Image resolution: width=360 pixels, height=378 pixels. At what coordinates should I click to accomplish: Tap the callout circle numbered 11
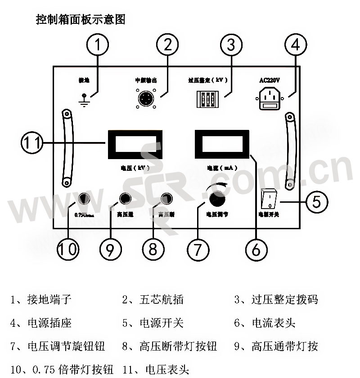tap(32, 144)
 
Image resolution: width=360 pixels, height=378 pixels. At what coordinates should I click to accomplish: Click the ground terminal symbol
tap(83, 100)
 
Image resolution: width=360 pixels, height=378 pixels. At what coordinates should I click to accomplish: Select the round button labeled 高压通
tap(125, 198)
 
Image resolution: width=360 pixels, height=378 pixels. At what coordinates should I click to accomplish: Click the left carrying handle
tap(67, 148)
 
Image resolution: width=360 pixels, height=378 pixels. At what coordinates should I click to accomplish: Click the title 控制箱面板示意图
tap(81, 20)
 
